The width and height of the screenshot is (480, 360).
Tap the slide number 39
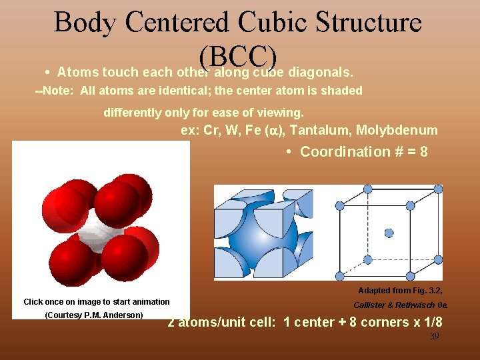pyautogui.click(x=434, y=337)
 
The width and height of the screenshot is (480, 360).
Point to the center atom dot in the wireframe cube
pyautogui.click(x=389, y=233)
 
